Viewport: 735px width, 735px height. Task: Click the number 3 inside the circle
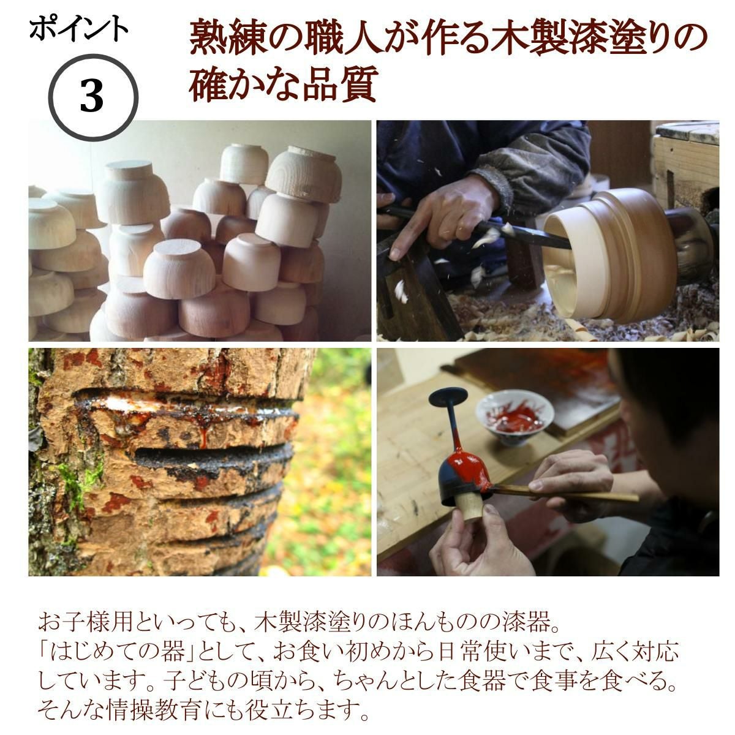pyautogui.click(x=92, y=97)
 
